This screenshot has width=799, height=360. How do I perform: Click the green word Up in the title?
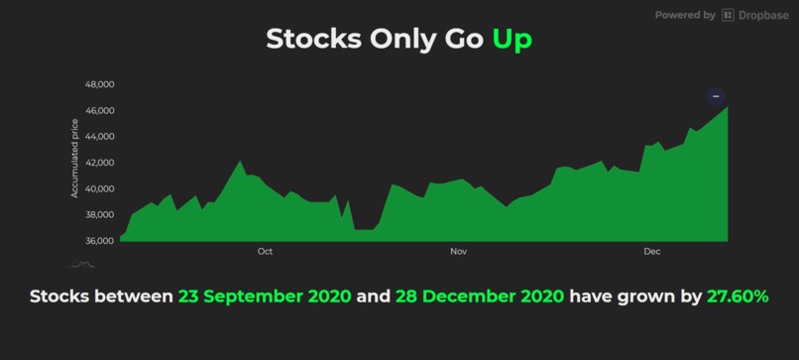(x=512, y=40)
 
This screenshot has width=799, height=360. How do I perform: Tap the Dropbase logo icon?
(x=729, y=16)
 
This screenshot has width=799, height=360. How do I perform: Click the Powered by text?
(x=685, y=16)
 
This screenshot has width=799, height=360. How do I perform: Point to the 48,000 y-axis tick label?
(x=101, y=84)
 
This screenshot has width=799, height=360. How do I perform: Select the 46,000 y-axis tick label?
(x=101, y=110)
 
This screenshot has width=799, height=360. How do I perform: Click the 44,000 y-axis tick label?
(x=101, y=137)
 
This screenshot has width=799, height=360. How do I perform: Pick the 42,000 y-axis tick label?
(x=101, y=163)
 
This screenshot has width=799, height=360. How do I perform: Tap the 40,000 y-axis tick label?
(x=101, y=188)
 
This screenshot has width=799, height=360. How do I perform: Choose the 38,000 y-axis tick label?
(x=101, y=214)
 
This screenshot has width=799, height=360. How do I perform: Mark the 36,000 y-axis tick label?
(x=101, y=241)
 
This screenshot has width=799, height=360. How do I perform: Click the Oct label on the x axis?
(x=265, y=252)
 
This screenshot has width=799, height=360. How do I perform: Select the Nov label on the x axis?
(x=458, y=252)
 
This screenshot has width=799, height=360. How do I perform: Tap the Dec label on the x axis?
(x=651, y=252)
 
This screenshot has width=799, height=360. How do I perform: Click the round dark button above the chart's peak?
(x=717, y=96)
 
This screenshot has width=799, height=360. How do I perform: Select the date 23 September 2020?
(x=264, y=298)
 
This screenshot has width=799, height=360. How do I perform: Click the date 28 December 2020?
(x=480, y=298)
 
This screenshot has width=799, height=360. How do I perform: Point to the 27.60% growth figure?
(x=737, y=298)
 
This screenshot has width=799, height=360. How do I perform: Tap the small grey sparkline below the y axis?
(x=81, y=264)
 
